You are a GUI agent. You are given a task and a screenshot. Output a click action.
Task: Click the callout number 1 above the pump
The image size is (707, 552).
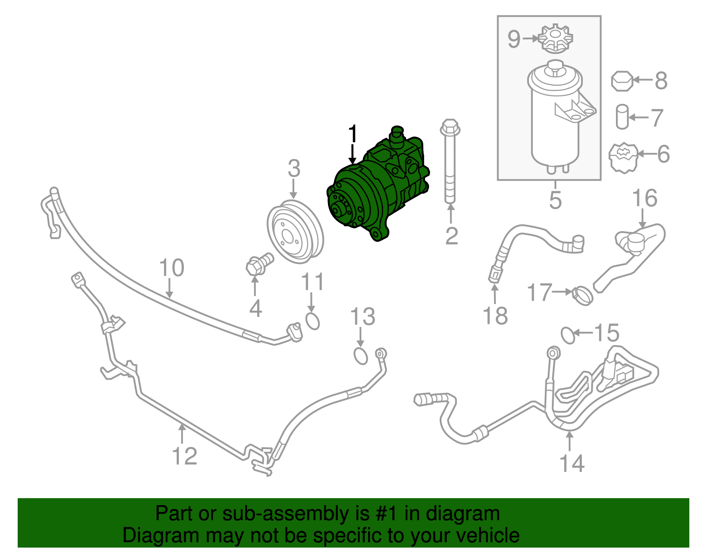pyautogui.click(x=352, y=133)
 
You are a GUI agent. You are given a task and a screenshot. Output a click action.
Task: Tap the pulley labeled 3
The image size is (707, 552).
pyautogui.click(x=295, y=232)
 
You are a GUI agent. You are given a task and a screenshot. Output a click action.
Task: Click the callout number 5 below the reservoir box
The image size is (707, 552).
pyautogui.click(x=555, y=200)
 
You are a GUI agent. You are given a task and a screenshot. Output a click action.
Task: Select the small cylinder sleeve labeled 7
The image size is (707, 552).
pyautogui.click(x=622, y=117)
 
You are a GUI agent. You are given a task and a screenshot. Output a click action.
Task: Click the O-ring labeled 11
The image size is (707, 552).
pyautogui.click(x=312, y=321)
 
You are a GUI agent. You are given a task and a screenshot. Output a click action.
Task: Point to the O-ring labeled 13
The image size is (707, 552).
pyautogui.click(x=361, y=356)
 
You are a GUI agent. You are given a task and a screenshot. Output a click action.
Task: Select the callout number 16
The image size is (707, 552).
pyautogui.click(x=645, y=198)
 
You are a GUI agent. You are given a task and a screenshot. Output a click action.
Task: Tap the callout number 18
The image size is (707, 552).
pyautogui.click(x=495, y=316)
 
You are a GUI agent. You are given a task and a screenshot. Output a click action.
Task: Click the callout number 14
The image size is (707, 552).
pyautogui.click(x=572, y=463)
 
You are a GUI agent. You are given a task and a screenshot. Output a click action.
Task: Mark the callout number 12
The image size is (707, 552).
pyautogui.click(x=184, y=456)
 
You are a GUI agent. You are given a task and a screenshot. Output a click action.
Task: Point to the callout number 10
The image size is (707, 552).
pyautogui.click(x=171, y=268)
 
